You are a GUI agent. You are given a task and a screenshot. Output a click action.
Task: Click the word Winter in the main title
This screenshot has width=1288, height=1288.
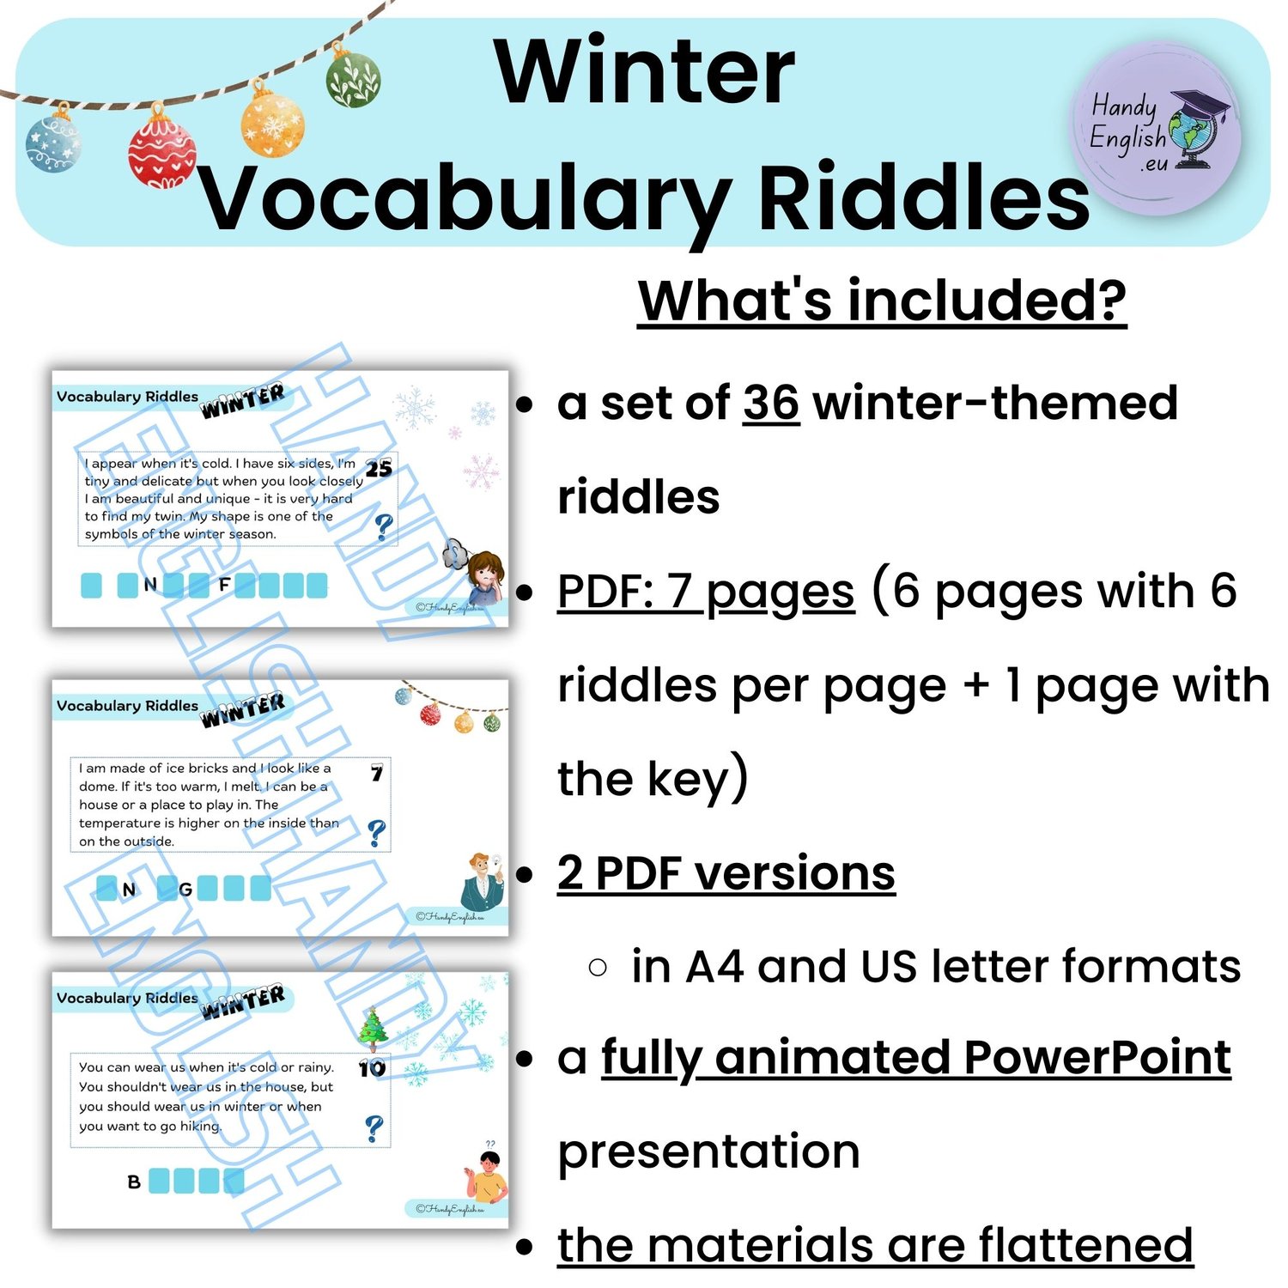(x=645, y=72)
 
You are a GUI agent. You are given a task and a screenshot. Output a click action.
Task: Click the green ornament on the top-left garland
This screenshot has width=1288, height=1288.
(x=353, y=76)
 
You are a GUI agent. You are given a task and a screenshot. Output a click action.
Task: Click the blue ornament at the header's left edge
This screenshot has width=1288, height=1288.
(x=53, y=141)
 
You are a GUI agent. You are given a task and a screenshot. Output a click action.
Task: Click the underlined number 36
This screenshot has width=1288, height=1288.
(x=771, y=403)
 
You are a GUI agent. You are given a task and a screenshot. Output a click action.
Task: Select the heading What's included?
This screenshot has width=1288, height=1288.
(x=882, y=301)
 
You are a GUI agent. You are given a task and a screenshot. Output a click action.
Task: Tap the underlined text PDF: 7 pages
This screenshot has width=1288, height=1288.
(x=706, y=592)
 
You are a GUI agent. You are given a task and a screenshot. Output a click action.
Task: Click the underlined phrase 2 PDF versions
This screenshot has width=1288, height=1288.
(x=726, y=873)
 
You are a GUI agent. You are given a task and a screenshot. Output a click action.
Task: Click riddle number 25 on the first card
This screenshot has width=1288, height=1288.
(x=379, y=468)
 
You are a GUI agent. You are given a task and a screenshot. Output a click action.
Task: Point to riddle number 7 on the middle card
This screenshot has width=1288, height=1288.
(x=376, y=774)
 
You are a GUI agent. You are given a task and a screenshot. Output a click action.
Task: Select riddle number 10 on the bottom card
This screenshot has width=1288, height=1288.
(x=373, y=1069)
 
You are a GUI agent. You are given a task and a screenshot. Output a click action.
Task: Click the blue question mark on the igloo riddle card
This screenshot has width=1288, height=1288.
(x=376, y=834)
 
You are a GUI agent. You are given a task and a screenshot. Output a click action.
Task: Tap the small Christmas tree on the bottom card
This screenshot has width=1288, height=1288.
(x=373, y=1029)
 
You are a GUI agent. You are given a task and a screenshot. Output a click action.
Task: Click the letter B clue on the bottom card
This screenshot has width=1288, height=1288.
(x=134, y=1182)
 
